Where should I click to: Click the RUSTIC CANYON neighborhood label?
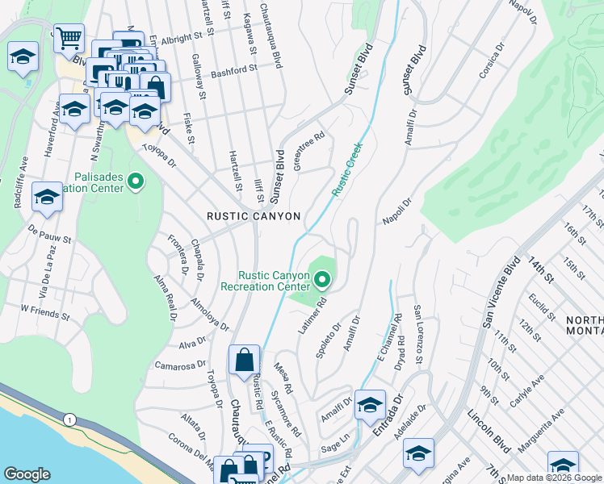[254, 216]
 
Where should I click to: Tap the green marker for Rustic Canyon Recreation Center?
[322, 280]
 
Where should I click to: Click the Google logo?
[27, 474]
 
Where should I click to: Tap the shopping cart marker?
[69, 37]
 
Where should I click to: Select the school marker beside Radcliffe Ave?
[48, 197]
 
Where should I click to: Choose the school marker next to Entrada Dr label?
[370, 403]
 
